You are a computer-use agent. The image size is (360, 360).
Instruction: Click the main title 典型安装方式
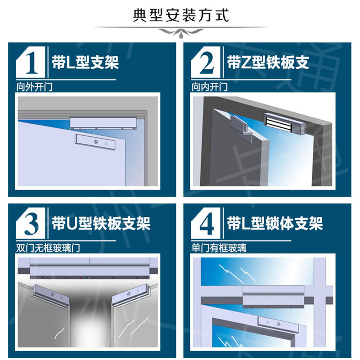point(181,16)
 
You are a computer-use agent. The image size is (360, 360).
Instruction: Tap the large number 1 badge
point(31,62)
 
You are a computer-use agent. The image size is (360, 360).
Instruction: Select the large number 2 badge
point(206,62)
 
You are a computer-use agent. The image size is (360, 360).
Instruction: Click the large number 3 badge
point(31,223)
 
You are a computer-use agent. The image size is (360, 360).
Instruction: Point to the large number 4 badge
point(206,223)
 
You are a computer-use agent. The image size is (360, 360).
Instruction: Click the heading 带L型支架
point(85,62)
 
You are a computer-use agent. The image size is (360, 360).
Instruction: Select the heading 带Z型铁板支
point(268,62)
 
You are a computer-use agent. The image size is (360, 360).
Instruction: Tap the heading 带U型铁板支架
point(101,223)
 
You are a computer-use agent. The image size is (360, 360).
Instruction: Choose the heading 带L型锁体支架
point(275,223)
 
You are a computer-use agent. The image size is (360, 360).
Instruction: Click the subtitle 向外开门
point(35,87)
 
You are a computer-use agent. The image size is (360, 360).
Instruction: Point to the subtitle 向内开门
point(210,87)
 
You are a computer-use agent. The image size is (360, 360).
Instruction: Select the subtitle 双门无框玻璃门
point(48,248)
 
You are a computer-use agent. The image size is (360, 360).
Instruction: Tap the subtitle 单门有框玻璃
point(219,248)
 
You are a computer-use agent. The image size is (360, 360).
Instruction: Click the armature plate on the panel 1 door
point(95,142)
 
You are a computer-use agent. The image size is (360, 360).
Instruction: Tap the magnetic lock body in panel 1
point(103,123)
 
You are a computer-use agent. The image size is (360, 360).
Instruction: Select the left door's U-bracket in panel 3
point(51,296)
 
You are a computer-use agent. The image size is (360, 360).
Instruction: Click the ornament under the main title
point(181,32)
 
